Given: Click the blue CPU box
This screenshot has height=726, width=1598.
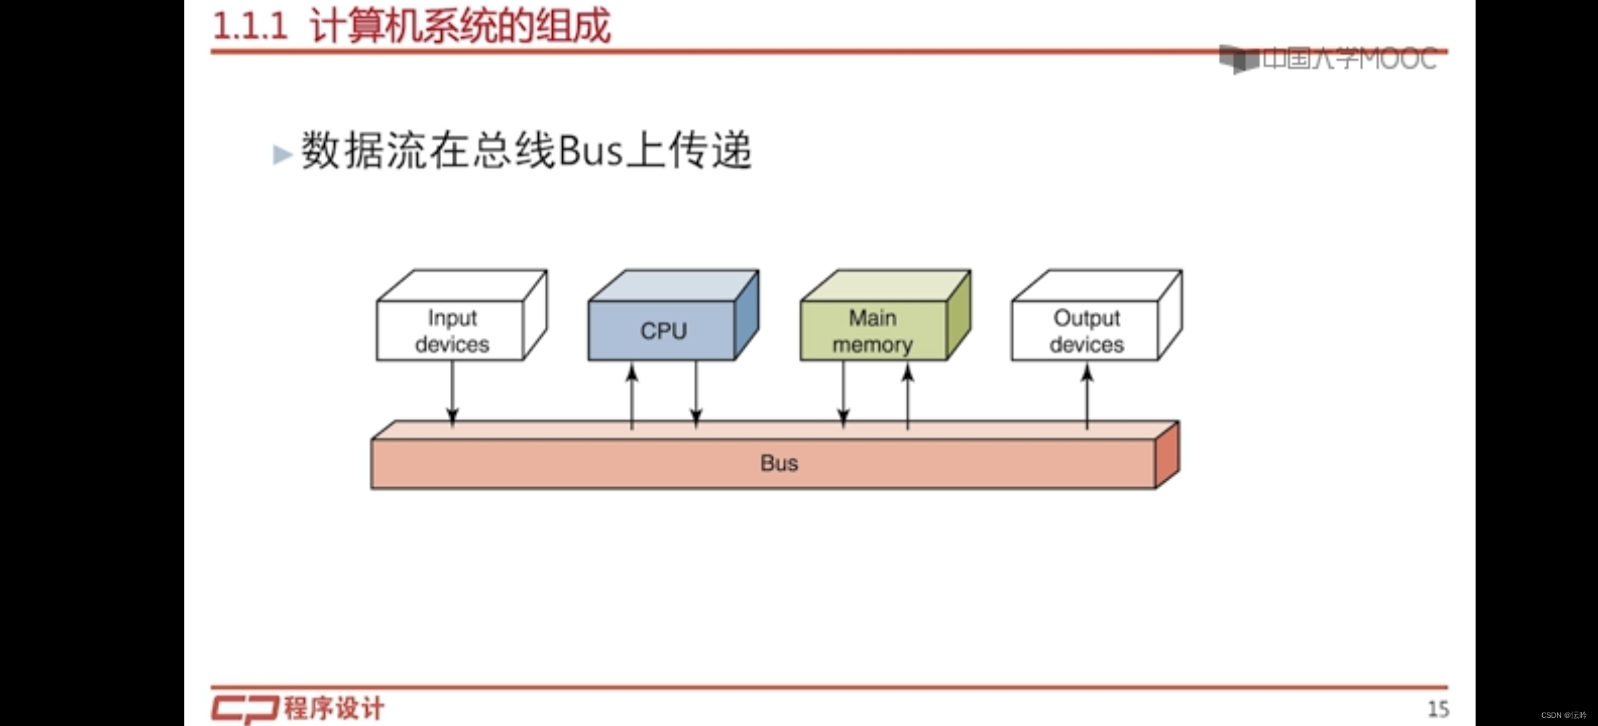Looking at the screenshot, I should click(662, 330).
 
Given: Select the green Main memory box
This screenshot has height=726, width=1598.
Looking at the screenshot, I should click(873, 330).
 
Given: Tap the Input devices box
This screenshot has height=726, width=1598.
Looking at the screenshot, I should click(451, 330).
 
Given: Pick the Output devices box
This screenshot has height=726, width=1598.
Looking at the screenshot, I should click(1086, 330).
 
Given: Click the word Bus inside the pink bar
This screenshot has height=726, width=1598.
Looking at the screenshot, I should click(779, 463).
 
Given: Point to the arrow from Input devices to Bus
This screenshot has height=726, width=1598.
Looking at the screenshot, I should click(453, 393).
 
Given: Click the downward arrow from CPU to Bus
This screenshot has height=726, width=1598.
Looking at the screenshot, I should click(696, 394).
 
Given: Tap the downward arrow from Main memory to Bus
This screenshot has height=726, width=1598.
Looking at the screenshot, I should click(843, 394).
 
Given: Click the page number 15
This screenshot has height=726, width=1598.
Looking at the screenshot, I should click(1438, 709).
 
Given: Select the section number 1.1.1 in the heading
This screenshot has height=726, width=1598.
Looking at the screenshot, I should click(250, 27).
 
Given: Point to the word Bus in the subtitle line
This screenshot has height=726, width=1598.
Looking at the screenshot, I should click(591, 151).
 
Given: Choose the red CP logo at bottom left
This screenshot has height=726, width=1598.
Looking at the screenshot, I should click(244, 709).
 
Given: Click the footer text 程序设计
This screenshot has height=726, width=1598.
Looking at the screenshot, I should click(334, 709).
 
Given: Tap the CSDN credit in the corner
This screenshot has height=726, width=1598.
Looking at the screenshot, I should click(1563, 715).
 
